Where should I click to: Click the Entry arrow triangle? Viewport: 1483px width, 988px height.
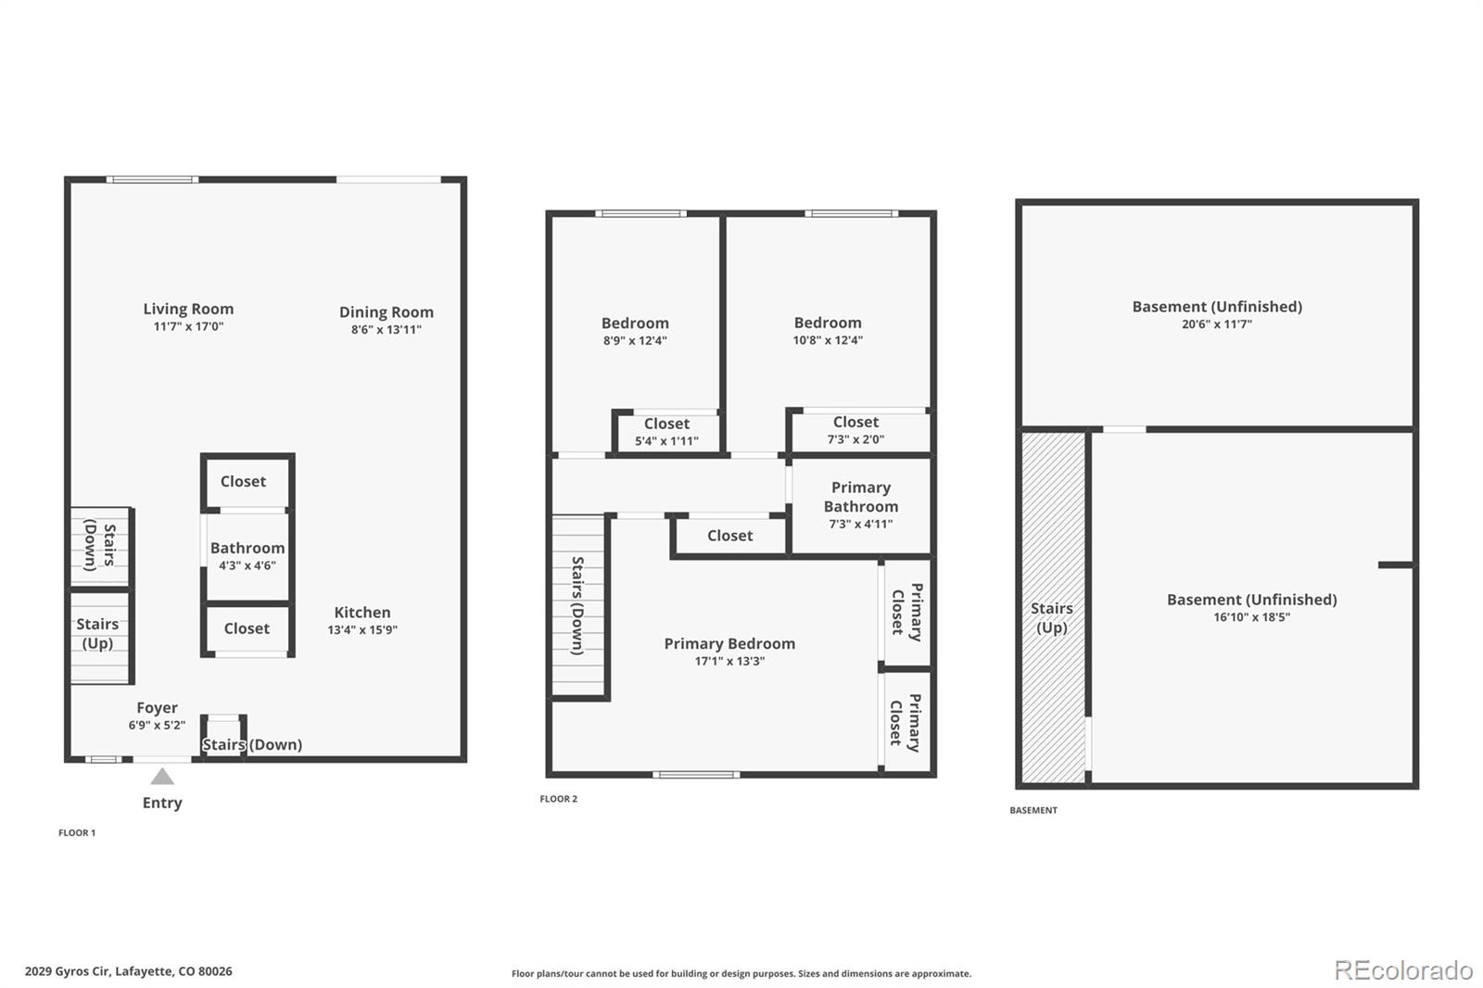[162, 776]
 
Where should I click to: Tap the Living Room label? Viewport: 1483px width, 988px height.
[189, 309]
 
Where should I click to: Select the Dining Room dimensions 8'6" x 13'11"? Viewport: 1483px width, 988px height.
[386, 329]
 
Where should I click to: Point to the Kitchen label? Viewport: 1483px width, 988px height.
[362, 613]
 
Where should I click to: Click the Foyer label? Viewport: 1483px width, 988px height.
[157, 708]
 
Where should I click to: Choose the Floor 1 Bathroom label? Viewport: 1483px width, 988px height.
[247, 548]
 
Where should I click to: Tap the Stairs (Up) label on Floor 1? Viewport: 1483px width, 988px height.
[97, 633]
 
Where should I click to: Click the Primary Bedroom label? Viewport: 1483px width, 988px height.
[729, 643]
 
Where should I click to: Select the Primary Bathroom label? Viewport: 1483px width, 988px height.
[861, 497]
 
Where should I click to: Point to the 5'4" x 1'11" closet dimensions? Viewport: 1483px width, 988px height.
[666, 441]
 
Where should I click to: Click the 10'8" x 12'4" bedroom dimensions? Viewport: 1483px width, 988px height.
[828, 340]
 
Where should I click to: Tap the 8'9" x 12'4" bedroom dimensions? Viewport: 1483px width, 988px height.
[635, 341]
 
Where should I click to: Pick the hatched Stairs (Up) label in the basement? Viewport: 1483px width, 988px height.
[1051, 618]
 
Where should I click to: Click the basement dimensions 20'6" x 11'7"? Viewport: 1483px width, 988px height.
[1217, 324]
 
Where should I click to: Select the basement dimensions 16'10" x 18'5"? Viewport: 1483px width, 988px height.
[1251, 617]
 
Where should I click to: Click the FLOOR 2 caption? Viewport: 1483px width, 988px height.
[558, 799]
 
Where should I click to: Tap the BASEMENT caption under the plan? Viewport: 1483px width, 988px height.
[1033, 810]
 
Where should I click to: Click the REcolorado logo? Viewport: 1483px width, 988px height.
[1403, 970]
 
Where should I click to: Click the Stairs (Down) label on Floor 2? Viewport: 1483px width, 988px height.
[578, 605]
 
